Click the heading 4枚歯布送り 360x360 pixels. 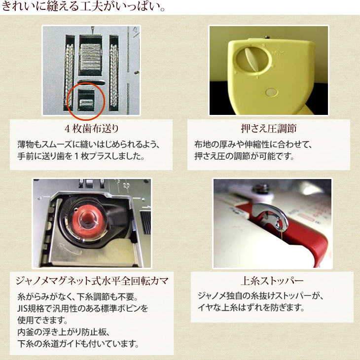pos(92,129)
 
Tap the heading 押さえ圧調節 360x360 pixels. pos(269,129)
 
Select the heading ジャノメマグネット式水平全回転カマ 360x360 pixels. pos(92,281)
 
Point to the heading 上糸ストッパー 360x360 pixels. pos(272,281)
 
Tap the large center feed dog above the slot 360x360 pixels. pos(91,57)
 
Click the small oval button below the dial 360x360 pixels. pos(271,92)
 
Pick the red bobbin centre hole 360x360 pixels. pos(87,218)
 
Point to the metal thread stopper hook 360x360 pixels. pos(271,216)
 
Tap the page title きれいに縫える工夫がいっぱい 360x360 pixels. pos(83,6)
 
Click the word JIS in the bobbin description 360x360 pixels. pos(22,308)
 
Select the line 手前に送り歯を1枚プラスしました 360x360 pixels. pos(81,156)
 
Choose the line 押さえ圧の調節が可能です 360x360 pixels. pos(245,156)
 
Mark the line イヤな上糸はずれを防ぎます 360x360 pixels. pos(251,307)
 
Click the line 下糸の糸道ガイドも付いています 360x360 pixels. pos(78,344)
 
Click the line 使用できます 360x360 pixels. pos(42,320)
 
